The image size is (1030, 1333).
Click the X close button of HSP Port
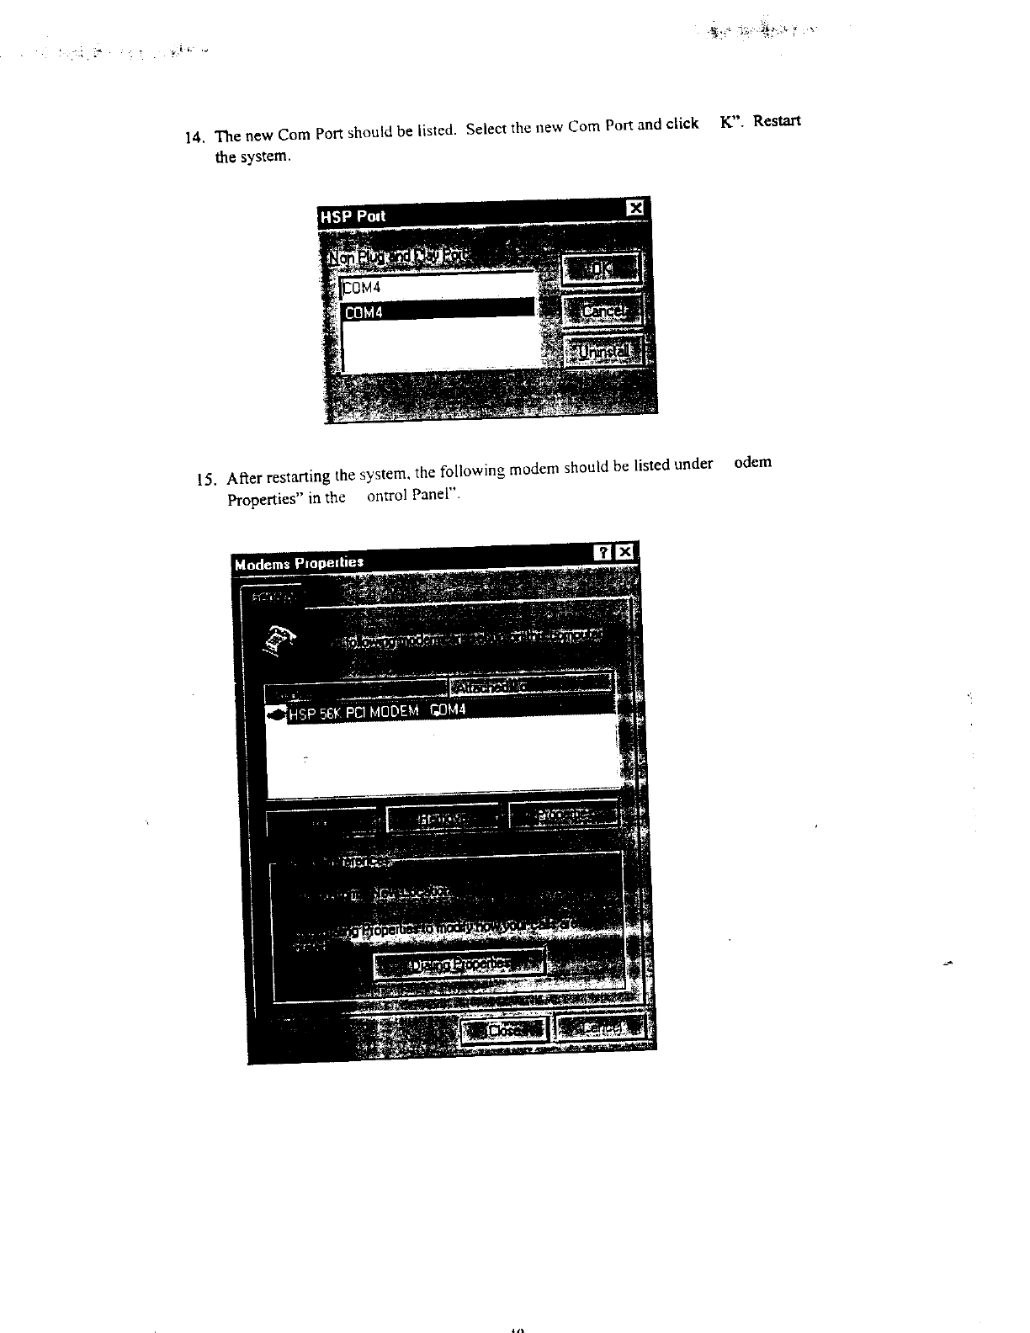(x=636, y=208)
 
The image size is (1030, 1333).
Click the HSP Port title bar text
(x=353, y=216)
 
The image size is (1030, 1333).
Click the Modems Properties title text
(x=299, y=562)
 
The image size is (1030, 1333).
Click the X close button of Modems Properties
(x=624, y=552)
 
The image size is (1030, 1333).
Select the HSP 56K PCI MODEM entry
(x=370, y=712)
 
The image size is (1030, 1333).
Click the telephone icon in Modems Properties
(x=281, y=639)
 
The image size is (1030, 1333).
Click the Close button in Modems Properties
(x=504, y=1028)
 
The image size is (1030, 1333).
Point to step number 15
(x=206, y=481)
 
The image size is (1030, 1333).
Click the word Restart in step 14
(x=776, y=120)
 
